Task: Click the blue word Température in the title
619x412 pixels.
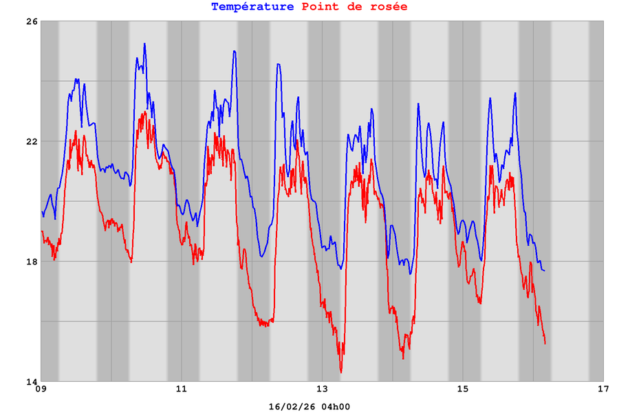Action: (x=253, y=7)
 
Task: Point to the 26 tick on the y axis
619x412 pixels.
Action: (x=32, y=22)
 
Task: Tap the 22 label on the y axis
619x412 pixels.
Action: (x=32, y=141)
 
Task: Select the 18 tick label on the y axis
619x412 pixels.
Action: (x=32, y=262)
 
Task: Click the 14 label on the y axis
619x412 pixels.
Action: (x=32, y=381)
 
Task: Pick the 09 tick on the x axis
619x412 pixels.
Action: (x=41, y=389)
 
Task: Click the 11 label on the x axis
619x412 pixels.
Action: (x=182, y=389)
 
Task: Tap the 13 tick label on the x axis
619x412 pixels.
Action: (x=323, y=389)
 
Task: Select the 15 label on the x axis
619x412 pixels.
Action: (x=463, y=389)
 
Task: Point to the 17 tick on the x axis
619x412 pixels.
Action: (x=603, y=389)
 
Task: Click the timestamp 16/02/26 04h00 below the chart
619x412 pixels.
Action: (x=309, y=407)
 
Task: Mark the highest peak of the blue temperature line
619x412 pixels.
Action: (x=144, y=44)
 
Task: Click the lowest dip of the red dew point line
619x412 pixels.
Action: (x=341, y=372)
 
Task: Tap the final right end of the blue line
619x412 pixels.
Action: (x=544, y=270)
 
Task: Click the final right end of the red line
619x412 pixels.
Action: (x=545, y=343)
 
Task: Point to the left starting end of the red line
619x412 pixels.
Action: (x=42, y=231)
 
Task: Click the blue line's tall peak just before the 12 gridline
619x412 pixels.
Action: (x=235, y=51)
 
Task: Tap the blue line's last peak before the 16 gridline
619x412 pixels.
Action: (x=514, y=93)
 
